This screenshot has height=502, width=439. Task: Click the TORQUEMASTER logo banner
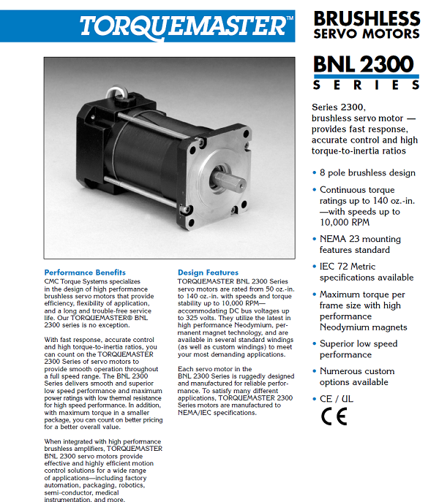184,25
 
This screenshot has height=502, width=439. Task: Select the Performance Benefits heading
85,273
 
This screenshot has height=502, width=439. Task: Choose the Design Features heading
208,273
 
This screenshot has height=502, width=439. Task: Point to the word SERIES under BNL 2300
366,85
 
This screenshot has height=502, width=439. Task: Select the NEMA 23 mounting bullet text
360,244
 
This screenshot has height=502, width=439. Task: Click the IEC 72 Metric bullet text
366,272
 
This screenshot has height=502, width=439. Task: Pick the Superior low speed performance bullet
359,349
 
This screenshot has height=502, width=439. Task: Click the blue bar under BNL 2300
366,76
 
